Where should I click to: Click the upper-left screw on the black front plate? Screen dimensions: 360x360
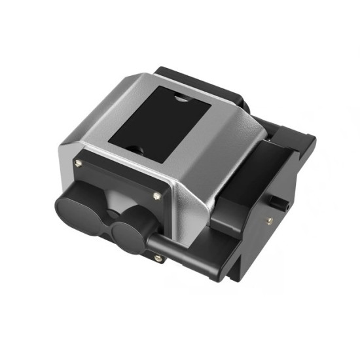click(79, 163)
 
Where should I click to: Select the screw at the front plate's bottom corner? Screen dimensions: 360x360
click(158, 258)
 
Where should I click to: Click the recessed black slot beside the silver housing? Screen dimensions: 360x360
click(252, 170)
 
